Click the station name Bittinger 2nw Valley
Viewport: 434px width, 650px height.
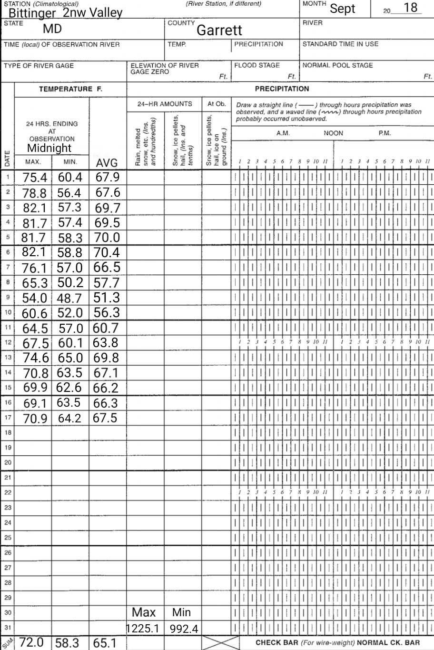click(65, 13)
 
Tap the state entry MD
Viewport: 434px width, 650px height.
click(52, 29)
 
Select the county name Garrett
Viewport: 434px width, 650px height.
click(219, 30)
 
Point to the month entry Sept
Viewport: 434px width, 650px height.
click(343, 9)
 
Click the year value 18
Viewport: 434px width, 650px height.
click(410, 8)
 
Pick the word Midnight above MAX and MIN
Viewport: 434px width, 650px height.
click(49, 148)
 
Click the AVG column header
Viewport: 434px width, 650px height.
click(107, 163)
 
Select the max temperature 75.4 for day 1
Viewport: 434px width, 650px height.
click(35, 178)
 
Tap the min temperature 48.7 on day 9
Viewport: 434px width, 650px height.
click(69, 299)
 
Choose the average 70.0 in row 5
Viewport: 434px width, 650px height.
click(107, 238)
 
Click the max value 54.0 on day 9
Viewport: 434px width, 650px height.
click(35, 299)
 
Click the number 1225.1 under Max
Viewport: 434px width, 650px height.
click(143, 629)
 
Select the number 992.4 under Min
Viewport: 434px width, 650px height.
click(184, 630)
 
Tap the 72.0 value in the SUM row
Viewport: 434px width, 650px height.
click(32, 642)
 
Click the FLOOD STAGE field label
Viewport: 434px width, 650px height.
click(257, 65)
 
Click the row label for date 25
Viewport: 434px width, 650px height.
click(7, 538)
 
